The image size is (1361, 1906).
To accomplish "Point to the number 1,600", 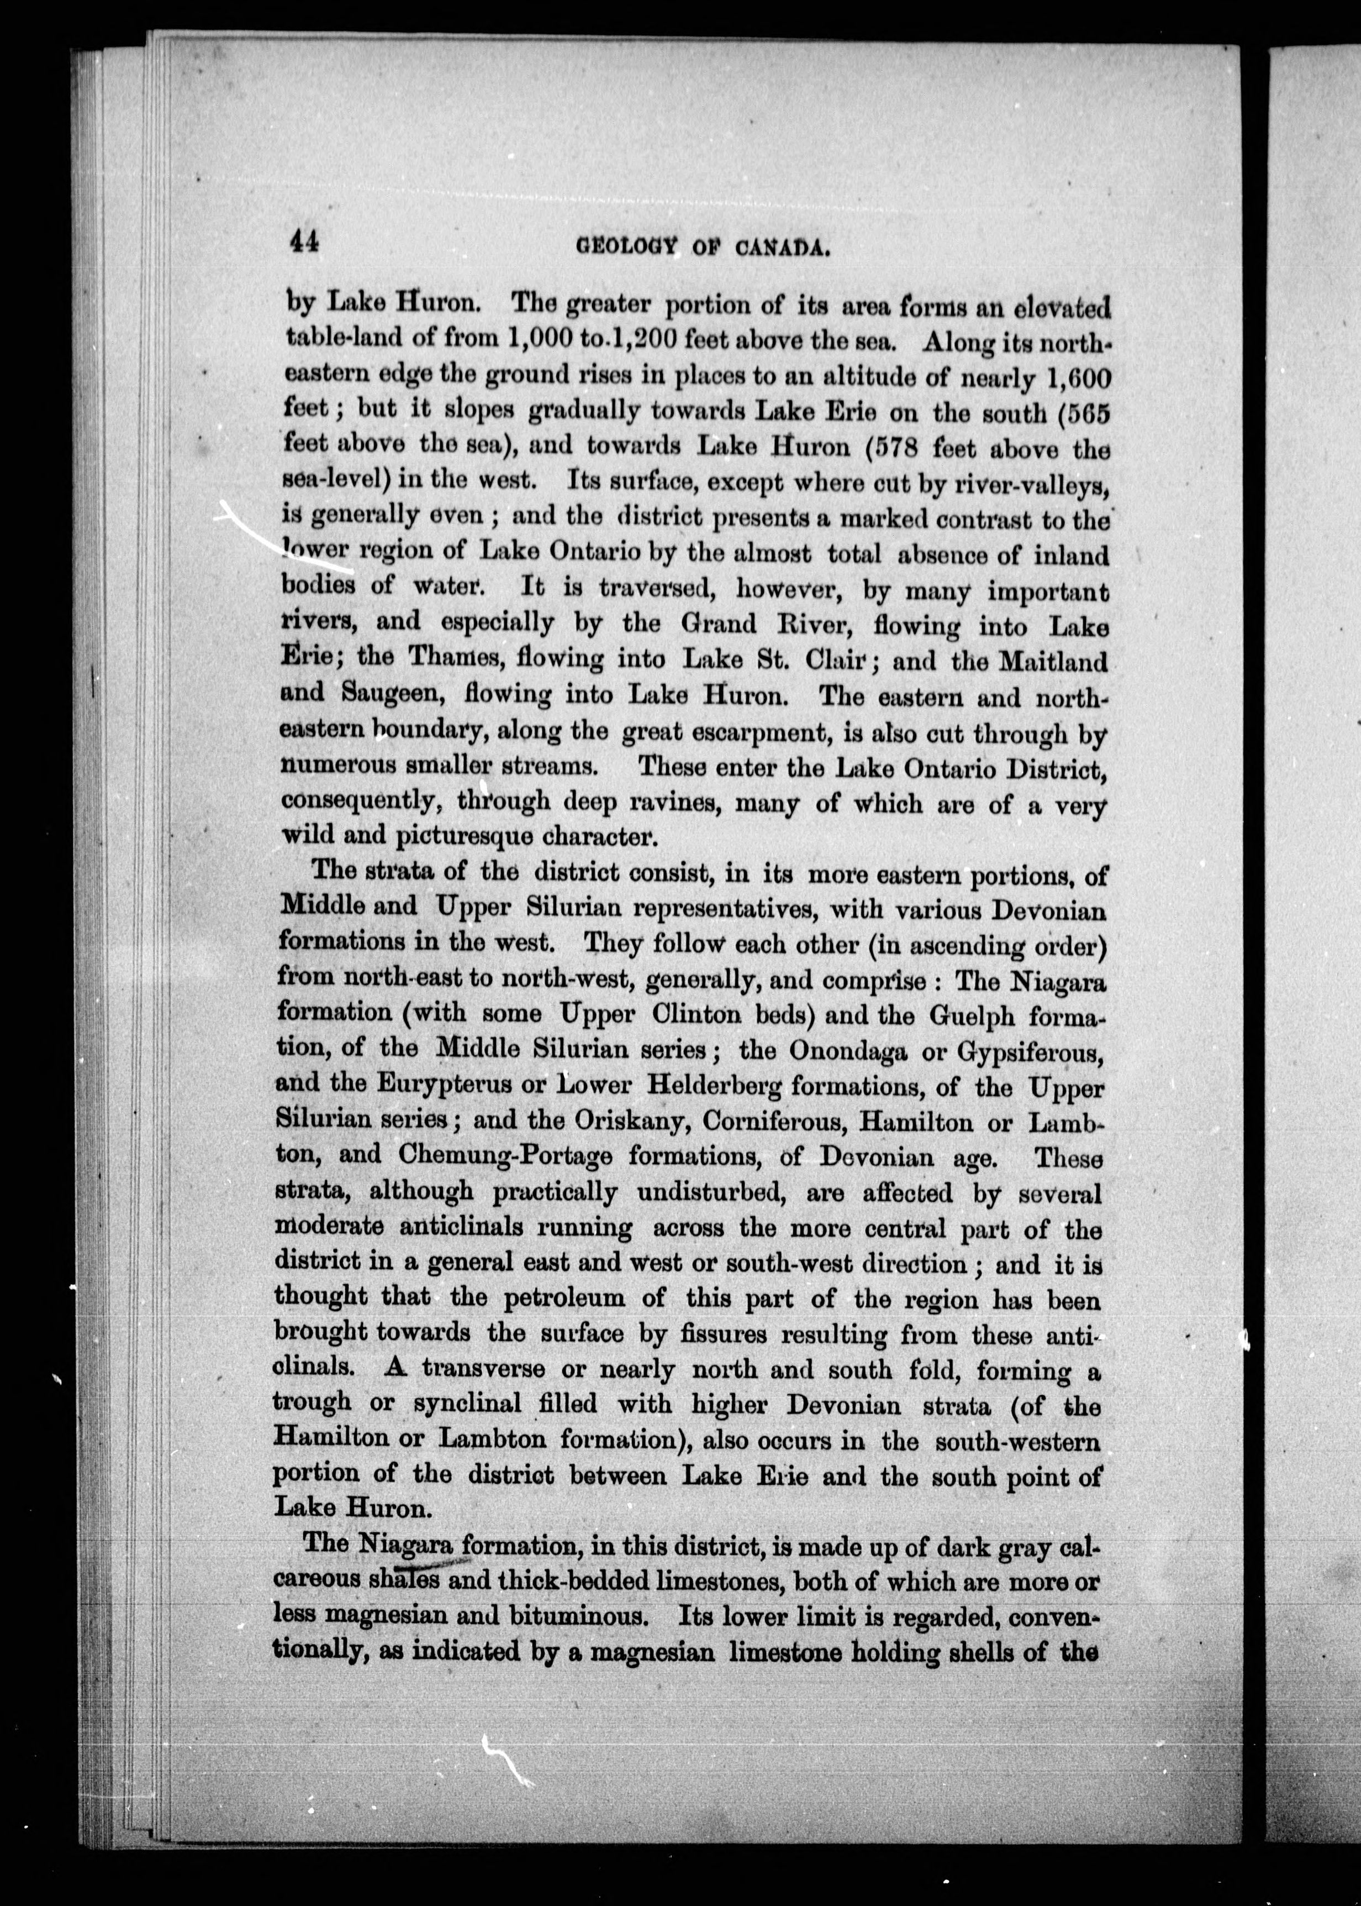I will [x=1079, y=380].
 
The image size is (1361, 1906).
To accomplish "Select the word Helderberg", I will [x=714, y=1087].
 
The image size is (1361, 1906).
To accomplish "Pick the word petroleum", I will [x=563, y=1299].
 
